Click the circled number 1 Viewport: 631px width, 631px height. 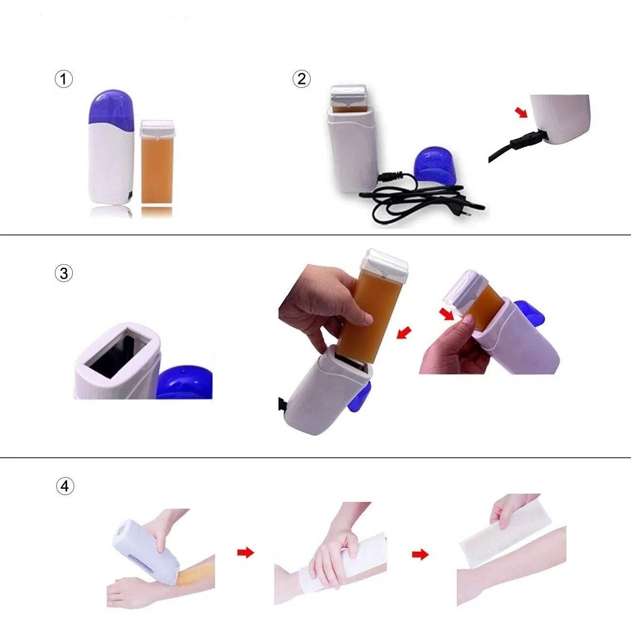pyautogui.click(x=64, y=79)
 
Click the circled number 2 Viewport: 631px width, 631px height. pyautogui.click(x=301, y=79)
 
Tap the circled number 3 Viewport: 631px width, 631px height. pyautogui.click(x=64, y=273)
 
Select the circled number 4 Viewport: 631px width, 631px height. pyautogui.click(x=65, y=486)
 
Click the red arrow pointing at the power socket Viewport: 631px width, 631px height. pyautogui.click(x=521, y=112)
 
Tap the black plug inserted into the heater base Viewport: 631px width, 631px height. pyautogui.click(x=524, y=142)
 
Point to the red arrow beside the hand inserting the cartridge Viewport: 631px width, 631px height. pyautogui.click(x=404, y=332)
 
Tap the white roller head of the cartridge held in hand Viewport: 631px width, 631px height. pyautogui.click(x=384, y=263)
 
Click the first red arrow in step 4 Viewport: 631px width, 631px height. pyautogui.click(x=246, y=552)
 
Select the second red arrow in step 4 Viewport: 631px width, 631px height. pyautogui.click(x=420, y=554)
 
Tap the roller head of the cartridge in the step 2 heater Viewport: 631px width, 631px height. pyautogui.click(x=348, y=95)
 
